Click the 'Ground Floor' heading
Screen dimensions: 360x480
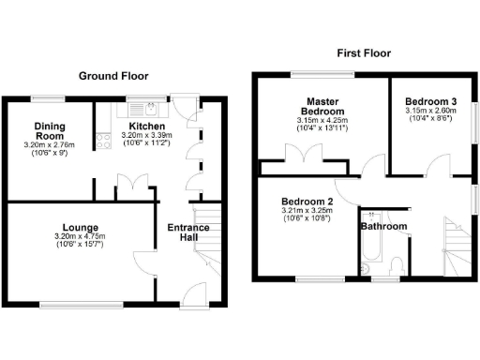point(113,75)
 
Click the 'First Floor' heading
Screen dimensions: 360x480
point(363,54)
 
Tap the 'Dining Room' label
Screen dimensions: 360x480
point(50,130)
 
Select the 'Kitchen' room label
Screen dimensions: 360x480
point(147,127)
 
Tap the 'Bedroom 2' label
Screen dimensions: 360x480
point(307,202)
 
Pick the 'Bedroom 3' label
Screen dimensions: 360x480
point(431,101)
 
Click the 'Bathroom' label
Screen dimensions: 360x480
point(384,227)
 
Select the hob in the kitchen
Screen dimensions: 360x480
point(100,142)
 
